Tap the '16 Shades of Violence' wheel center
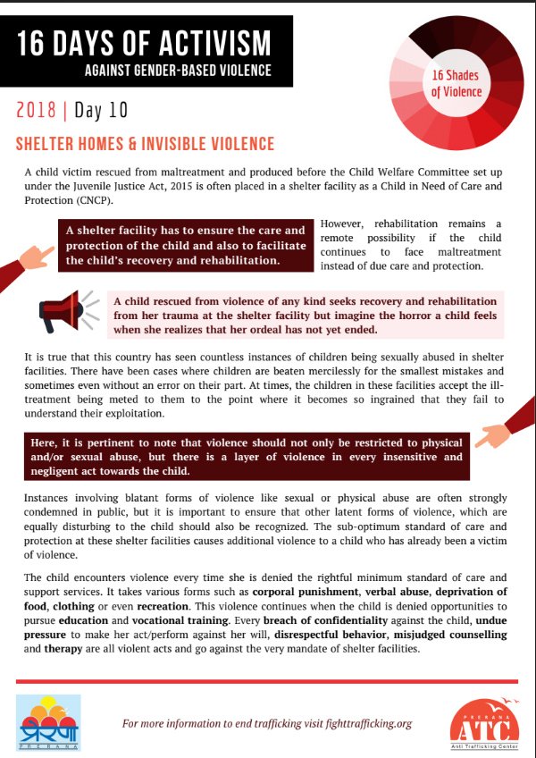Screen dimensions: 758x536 point(456,84)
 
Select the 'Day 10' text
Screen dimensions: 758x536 point(101,111)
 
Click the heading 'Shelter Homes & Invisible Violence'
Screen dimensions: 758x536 point(146,144)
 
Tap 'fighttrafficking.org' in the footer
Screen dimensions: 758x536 point(357,723)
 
